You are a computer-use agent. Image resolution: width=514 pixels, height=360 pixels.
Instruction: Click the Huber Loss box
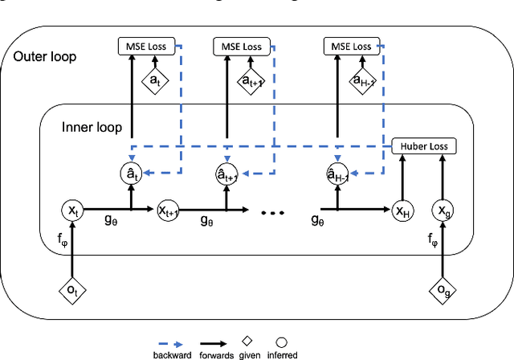pyautogui.click(x=423, y=146)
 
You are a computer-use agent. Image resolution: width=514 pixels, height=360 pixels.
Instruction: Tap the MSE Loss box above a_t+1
pyautogui.click(x=243, y=46)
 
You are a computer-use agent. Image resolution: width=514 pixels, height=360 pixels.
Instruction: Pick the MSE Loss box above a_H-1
pyautogui.click(x=352, y=46)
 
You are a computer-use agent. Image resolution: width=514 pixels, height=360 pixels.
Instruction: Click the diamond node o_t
pyautogui.click(x=73, y=292)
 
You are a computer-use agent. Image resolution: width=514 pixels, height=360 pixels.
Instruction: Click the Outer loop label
pyautogui.click(x=44, y=59)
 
